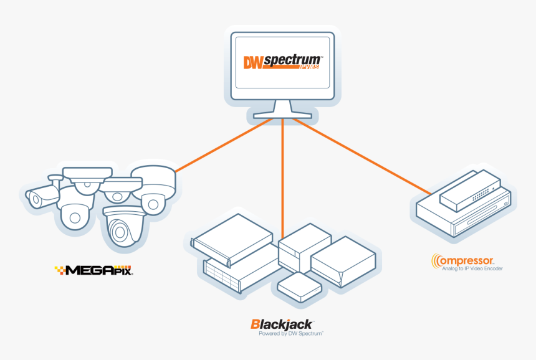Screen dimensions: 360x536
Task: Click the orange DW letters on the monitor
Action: [x=253, y=62]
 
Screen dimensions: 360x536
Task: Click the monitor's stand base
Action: [x=282, y=113]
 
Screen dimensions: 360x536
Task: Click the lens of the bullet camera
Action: [x=36, y=199]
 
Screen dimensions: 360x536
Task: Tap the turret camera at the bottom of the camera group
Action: [x=122, y=227]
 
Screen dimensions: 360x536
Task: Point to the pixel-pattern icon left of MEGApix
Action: [x=60, y=270]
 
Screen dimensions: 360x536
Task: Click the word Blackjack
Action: [x=282, y=324]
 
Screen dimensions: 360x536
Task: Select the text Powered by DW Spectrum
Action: [x=291, y=334]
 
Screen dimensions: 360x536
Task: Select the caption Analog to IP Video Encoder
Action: [x=472, y=269]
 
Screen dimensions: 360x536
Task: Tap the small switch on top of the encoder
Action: [x=469, y=189]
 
